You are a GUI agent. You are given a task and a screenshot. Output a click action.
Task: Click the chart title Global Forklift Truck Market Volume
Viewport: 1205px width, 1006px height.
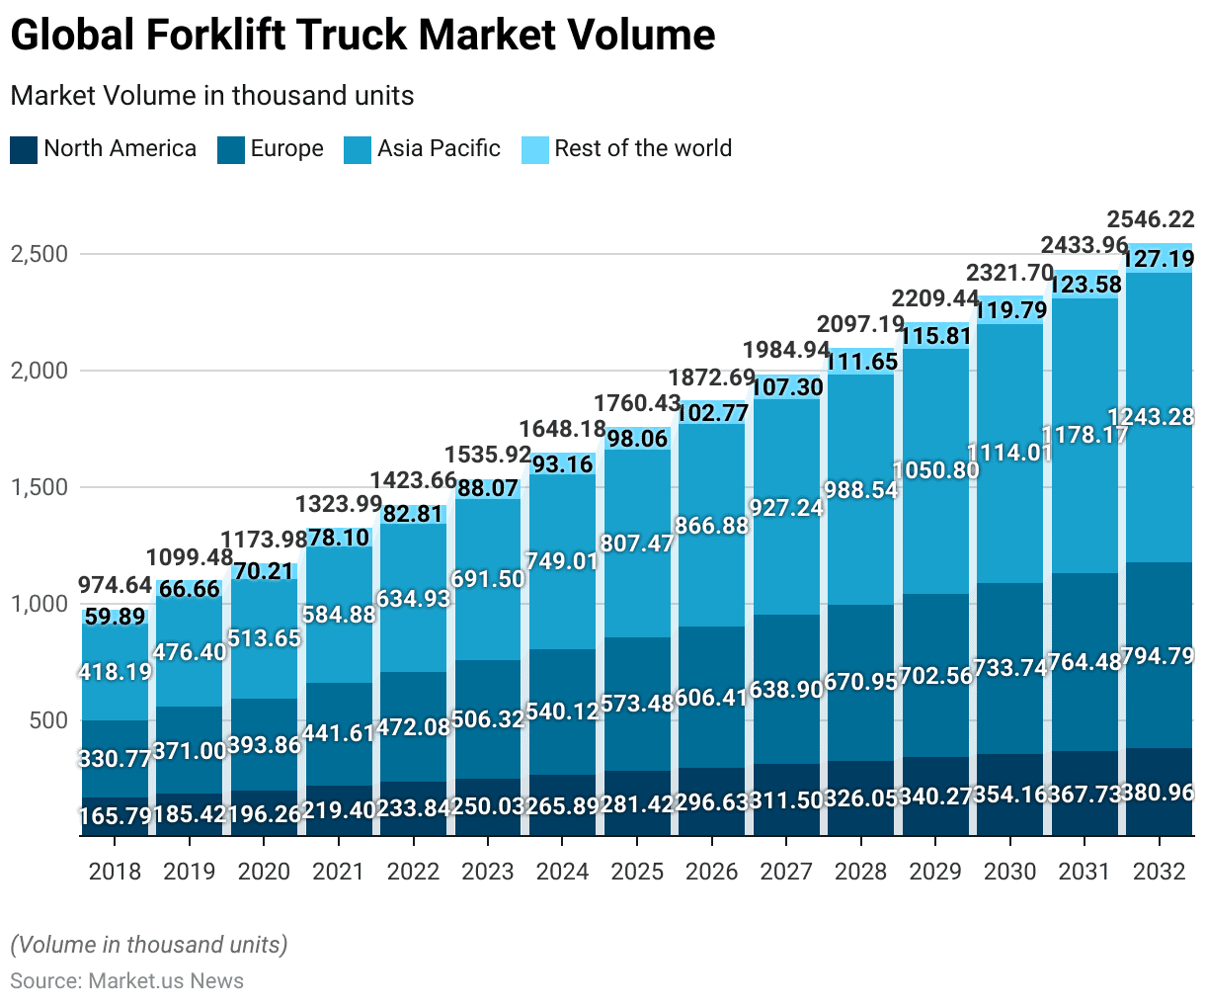click(x=362, y=36)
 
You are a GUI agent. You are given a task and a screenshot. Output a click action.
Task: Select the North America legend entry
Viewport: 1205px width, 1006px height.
click(x=104, y=149)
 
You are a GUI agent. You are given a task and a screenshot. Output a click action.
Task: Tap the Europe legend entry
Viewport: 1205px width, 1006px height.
click(x=271, y=149)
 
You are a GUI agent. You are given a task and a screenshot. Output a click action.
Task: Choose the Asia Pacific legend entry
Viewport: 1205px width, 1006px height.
click(x=423, y=149)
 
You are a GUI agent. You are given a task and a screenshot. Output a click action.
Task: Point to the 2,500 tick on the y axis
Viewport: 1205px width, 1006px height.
click(x=40, y=254)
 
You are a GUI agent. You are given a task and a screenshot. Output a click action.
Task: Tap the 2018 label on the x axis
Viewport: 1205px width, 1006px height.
click(x=115, y=872)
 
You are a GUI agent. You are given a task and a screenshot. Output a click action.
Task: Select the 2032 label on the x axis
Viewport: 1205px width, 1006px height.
click(x=1159, y=872)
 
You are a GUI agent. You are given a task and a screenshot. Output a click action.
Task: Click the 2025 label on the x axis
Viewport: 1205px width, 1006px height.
click(x=637, y=872)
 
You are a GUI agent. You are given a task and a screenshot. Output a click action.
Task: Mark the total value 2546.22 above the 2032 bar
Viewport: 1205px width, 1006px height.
click(x=1151, y=219)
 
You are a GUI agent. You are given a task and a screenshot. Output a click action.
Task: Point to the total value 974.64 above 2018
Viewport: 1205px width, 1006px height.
click(x=115, y=585)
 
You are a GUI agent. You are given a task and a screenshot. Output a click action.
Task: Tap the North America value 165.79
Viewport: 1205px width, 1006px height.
click(x=115, y=817)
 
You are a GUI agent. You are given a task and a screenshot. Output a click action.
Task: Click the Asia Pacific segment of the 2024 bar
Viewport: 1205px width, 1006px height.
click(x=562, y=613)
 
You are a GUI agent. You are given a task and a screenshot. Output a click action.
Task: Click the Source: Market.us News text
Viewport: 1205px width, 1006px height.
click(x=127, y=981)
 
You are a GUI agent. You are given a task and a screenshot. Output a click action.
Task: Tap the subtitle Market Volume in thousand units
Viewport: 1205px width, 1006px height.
click(x=212, y=96)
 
